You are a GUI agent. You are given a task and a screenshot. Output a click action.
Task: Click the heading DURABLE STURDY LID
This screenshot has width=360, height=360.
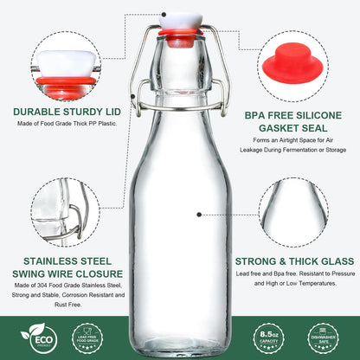pos(65,111)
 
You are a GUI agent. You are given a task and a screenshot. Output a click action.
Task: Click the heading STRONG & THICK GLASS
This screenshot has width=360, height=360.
pos(294,260)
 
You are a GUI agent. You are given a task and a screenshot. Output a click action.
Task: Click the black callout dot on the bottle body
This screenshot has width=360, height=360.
pos(200,213)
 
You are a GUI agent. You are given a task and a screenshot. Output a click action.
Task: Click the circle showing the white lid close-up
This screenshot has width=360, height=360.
pos(65,64)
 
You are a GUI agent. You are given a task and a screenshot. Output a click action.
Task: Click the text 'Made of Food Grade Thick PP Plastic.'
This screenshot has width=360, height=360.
pos(66,124)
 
